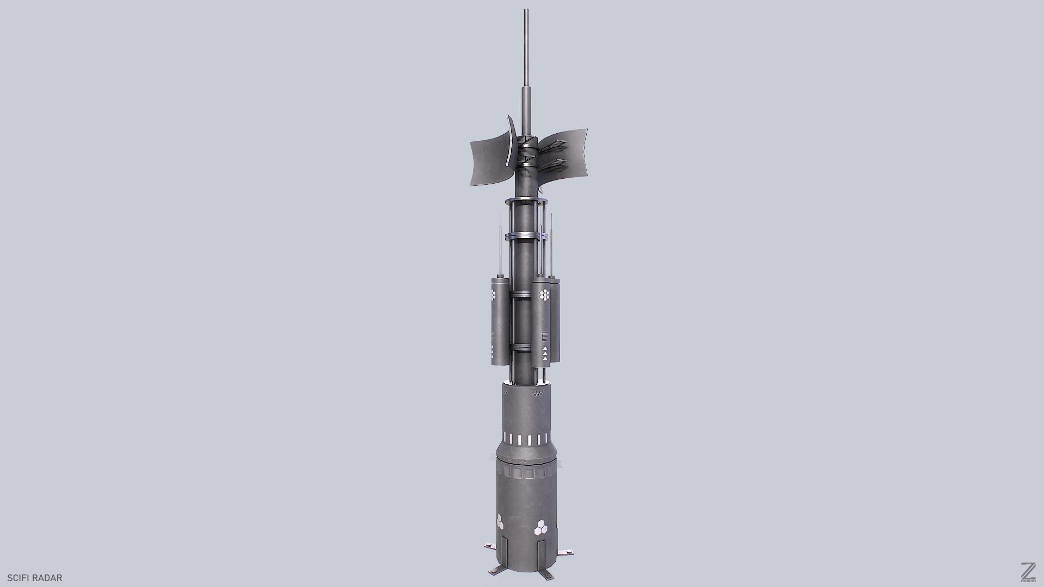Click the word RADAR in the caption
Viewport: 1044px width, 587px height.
[47, 578]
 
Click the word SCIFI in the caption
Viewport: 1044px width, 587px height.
[18, 578]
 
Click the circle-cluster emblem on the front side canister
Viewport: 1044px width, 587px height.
[544, 295]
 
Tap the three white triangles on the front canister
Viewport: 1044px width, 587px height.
[545, 354]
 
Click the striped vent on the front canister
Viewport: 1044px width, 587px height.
[545, 335]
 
